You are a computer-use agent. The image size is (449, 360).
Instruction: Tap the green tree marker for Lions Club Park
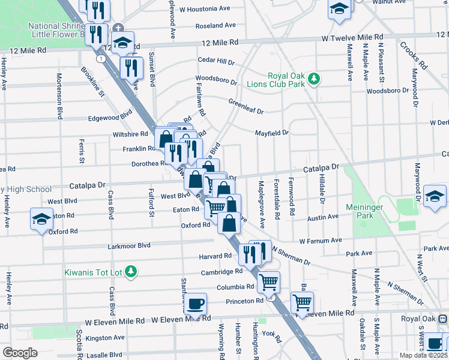313,79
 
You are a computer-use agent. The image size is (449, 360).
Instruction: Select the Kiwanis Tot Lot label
93,272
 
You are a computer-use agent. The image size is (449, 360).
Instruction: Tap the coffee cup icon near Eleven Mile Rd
195,304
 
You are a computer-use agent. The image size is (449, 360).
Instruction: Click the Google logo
20,353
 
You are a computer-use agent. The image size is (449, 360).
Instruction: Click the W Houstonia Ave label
205,10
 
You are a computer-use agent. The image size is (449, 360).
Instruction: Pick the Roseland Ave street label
215,26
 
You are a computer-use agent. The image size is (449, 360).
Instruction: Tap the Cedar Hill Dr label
217,61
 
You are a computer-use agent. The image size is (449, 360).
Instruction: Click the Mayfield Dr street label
272,133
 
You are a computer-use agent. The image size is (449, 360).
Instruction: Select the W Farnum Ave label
320,241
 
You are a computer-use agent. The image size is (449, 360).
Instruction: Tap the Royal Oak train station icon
442,319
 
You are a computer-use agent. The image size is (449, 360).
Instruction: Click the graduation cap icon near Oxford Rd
42,219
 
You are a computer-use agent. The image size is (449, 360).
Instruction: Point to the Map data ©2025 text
423,355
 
